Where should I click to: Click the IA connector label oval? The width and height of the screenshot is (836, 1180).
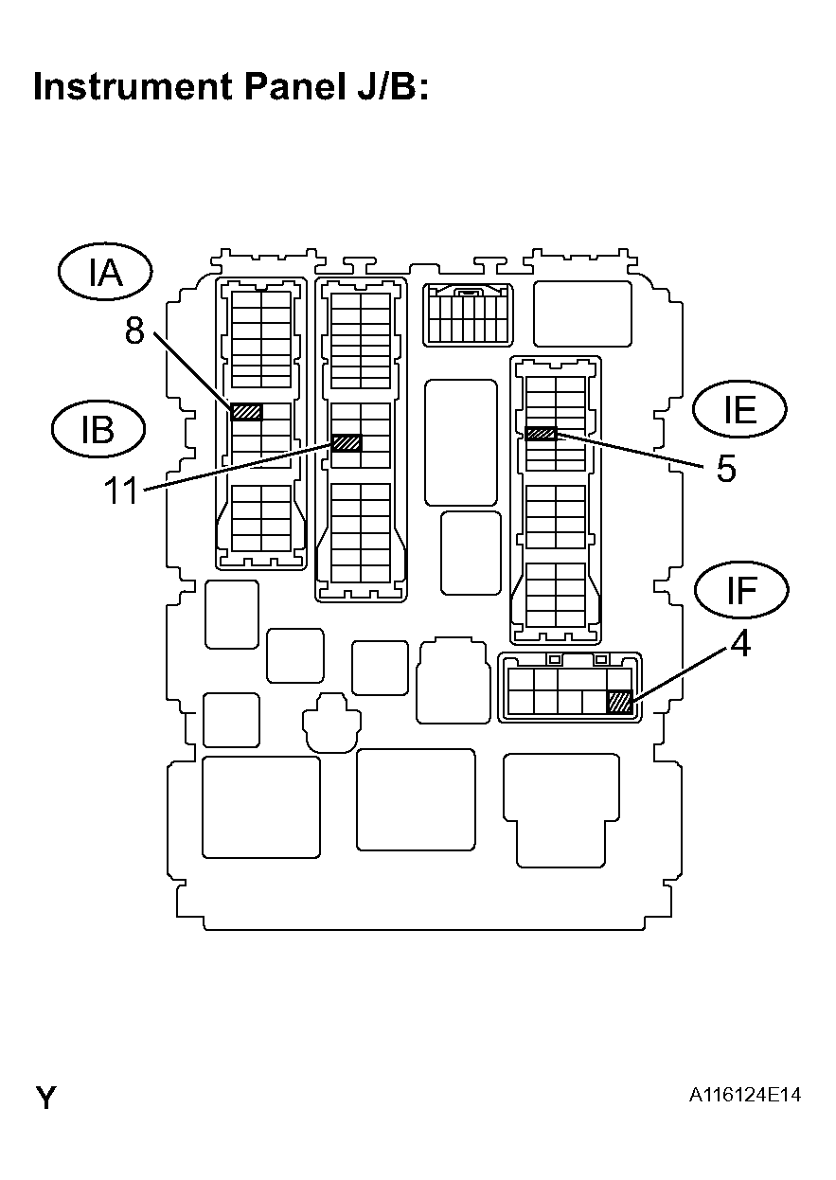pyautogui.click(x=105, y=273)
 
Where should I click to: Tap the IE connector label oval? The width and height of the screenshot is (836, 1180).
pyautogui.click(x=739, y=409)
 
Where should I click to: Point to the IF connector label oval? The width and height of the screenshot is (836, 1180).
pyautogui.click(x=741, y=590)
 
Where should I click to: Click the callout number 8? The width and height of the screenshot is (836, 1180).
pyautogui.click(x=134, y=331)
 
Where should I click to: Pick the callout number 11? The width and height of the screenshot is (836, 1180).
pyautogui.click(x=122, y=492)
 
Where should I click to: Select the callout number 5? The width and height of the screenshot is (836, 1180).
pyautogui.click(x=726, y=470)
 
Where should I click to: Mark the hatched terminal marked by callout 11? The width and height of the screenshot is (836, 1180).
pyautogui.click(x=347, y=442)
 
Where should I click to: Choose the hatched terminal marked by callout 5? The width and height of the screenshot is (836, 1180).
pyautogui.click(x=541, y=434)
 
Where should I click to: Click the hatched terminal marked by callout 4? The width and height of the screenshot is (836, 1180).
pyautogui.click(x=619, y=702)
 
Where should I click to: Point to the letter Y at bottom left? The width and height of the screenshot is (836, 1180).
pyautogui.click(x=45, y=1099)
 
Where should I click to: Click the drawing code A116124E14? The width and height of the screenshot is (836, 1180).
pyautogui.click(x=745, y=1095)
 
